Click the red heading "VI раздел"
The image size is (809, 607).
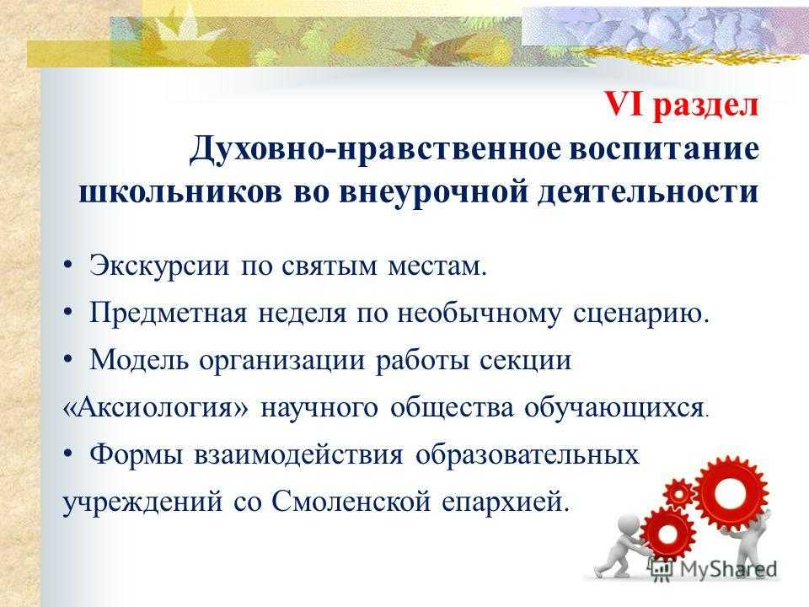(x=681, y=105)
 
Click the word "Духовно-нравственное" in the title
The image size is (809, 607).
(x=375, y=150)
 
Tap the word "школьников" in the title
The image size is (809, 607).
(x=180, y=192)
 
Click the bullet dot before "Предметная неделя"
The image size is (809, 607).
(x=68, y=312)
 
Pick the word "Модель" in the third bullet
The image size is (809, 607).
(x=139, y=360)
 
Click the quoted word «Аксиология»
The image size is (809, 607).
(x=155, y=408)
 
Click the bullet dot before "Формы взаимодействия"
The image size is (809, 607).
(x=68, y=454)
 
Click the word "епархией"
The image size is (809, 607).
(x=506, y=502)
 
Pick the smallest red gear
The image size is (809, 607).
(x=679, y=495)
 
